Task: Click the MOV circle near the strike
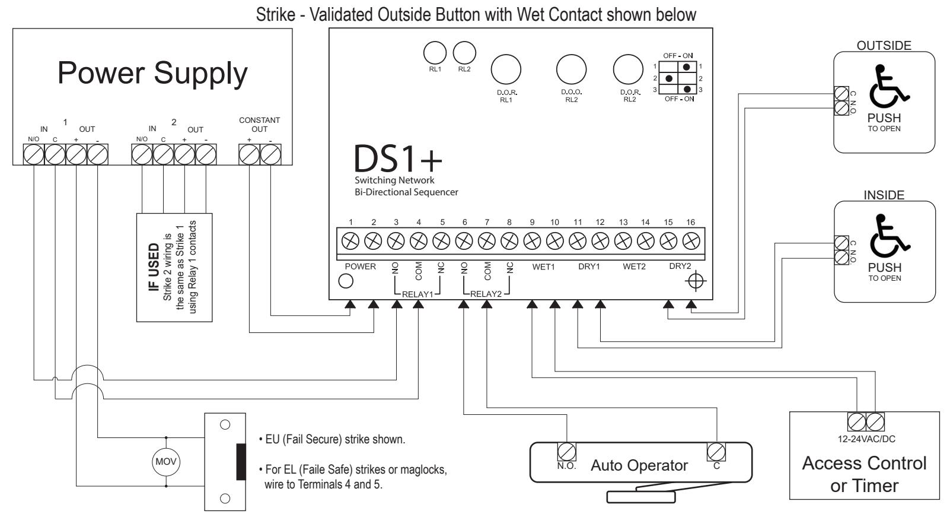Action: [166, 461]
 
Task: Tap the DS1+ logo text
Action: [398, 158]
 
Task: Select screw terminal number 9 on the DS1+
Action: [532, 241]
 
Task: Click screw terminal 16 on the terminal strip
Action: [691, 241]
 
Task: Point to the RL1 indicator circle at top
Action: [435, 53]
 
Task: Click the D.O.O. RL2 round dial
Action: [571, 69]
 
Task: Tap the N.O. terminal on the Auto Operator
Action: [566, 452]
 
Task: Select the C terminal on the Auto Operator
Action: [716, 452]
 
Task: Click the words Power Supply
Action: [152, 74]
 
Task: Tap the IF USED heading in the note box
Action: [154, 267]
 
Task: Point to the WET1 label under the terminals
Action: [543, 266]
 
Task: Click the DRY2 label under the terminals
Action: [680, 266]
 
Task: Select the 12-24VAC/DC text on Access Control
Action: [866, 439]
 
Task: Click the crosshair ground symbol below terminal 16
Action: [696, 281]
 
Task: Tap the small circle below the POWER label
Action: [346, 281]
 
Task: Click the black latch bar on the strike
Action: [241, 461]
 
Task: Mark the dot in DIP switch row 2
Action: [669, 78]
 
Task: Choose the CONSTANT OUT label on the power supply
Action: [259, 125]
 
